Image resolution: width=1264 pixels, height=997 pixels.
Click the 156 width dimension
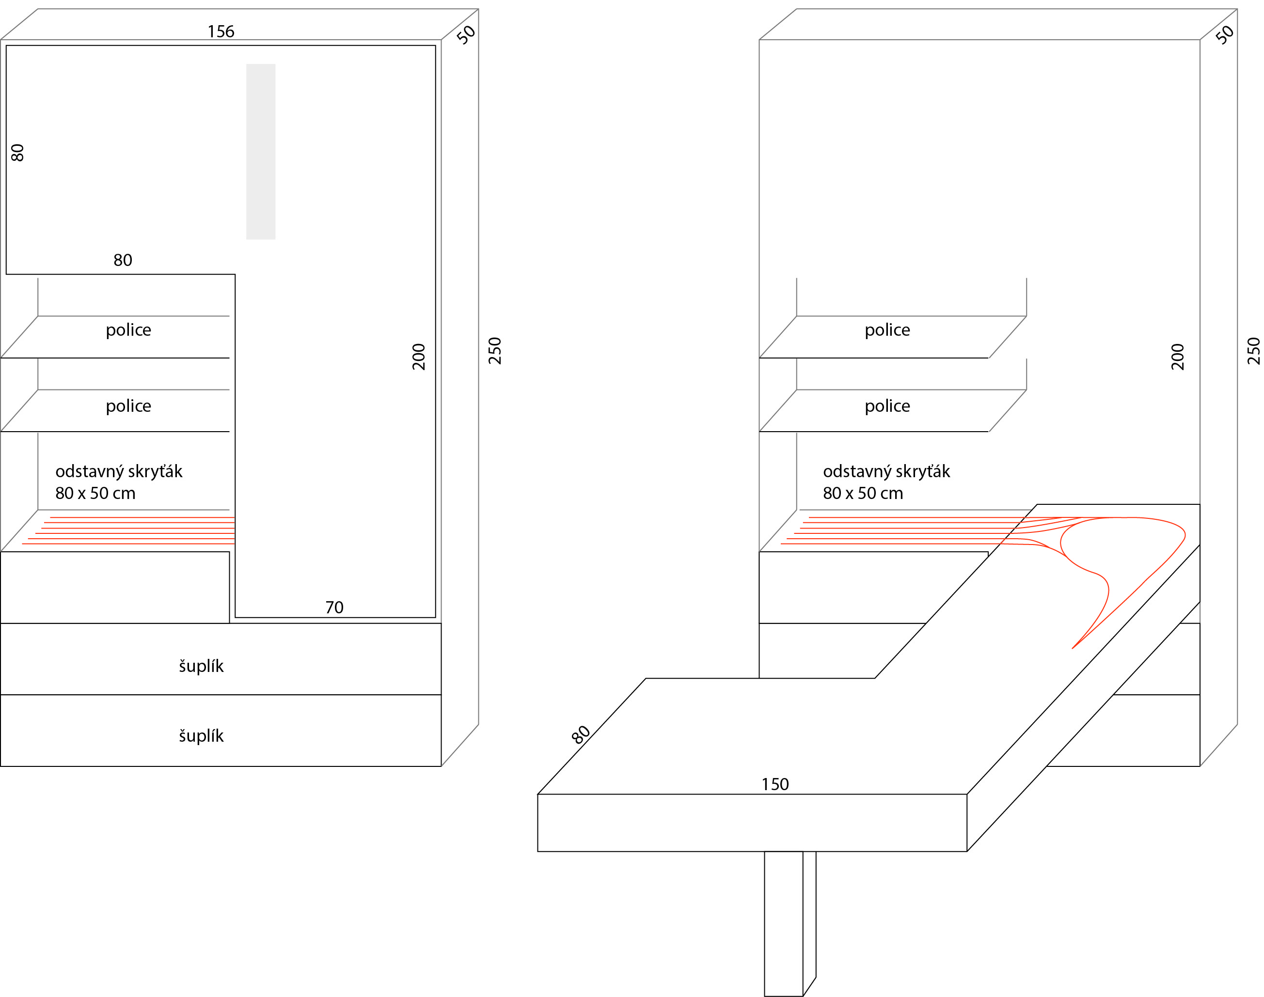221,31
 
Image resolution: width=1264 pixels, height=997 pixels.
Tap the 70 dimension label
334,608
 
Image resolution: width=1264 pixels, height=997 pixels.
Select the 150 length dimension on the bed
775,784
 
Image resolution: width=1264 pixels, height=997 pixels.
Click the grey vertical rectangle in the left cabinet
260,152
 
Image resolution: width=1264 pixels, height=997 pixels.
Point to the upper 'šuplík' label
201,666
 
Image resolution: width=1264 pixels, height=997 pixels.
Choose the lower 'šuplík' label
201,735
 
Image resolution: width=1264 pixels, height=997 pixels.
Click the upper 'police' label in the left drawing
128,330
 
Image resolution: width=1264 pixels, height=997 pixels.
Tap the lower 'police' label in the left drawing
128,406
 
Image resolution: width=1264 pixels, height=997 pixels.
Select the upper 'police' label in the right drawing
887,330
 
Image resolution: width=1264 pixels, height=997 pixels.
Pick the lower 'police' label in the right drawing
887,406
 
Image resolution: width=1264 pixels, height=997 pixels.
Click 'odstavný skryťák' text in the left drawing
119,472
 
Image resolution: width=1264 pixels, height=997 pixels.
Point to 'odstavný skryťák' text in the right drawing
886,472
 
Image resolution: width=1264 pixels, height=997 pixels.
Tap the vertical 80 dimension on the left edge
17,153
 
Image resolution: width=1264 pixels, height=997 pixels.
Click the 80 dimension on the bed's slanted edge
581,735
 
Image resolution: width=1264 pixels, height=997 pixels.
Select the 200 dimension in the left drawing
419,357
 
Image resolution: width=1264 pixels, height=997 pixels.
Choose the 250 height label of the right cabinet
1253,351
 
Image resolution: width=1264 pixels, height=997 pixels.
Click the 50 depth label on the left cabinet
466,35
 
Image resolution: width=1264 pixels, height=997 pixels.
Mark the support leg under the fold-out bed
790,923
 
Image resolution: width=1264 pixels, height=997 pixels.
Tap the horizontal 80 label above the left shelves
123,260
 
